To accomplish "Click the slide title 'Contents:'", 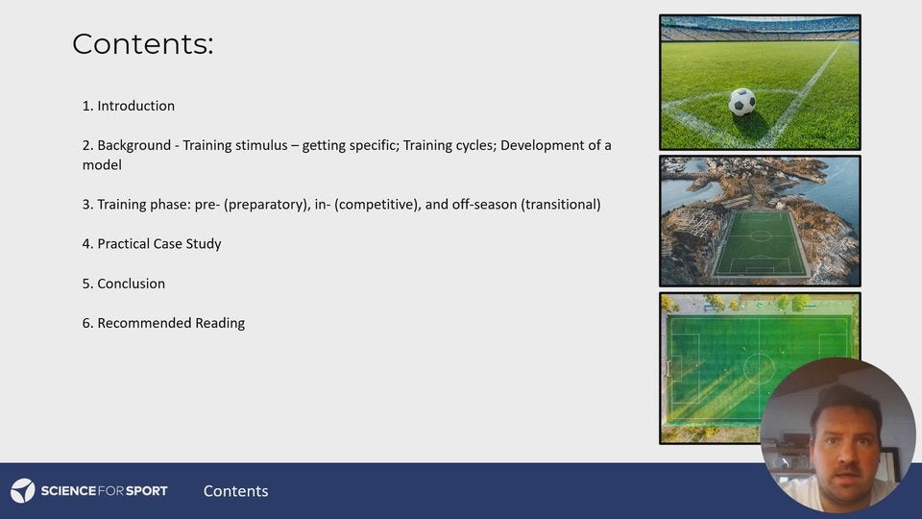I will tap(142, 44).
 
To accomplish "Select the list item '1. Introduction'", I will tap(129, 106).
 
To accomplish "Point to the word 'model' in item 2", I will tap(102, 165).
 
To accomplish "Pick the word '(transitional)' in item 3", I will tap(561, 205).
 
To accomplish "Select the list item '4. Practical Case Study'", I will tap(152, 244).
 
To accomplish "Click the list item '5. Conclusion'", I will tap(124, 284).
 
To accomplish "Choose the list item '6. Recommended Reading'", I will tap(163, 323).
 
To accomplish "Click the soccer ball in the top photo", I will tap(741, 102).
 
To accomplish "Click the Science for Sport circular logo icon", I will tap(23, 491).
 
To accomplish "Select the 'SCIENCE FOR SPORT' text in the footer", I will tap(104, 491).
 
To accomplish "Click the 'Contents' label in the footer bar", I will tap(235, 491).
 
